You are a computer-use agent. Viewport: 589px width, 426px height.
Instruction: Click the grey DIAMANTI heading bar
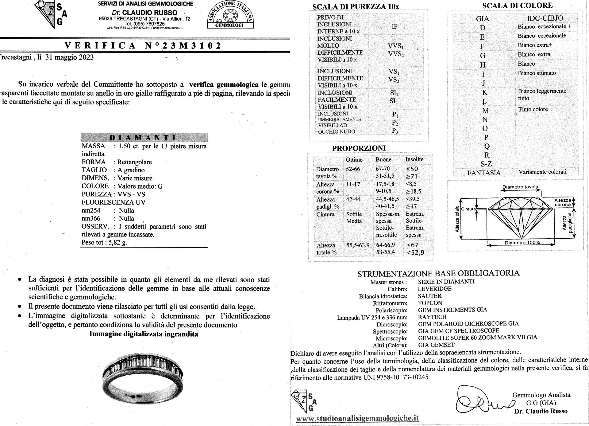(144, 137)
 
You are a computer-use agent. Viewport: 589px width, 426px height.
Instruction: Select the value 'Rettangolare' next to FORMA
(135, 162)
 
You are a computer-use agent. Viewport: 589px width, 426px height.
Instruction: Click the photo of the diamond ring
(144, 377)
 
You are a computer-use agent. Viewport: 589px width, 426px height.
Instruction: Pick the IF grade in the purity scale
(395, 26)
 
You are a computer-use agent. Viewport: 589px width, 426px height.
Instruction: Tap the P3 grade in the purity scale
(395, 131)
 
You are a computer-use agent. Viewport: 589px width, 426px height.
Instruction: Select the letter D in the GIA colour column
(483, 28)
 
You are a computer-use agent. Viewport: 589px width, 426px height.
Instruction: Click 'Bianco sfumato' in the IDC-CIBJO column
(537, 73)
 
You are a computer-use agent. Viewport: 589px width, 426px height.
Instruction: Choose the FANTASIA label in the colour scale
(484, 173)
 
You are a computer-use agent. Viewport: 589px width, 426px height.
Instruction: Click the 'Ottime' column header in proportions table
(354, 160)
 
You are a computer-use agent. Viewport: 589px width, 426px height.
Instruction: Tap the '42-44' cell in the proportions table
(353, 199)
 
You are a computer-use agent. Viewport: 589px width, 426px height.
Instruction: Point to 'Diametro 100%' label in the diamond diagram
(522, 242)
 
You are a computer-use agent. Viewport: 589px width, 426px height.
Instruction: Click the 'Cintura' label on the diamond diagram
(468, 209)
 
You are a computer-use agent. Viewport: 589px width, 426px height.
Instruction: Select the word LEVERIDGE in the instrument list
(434, 289)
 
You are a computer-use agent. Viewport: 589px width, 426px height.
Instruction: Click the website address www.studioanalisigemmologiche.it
(357, 418)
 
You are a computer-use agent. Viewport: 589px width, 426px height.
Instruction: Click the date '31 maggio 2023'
(69, 57)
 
